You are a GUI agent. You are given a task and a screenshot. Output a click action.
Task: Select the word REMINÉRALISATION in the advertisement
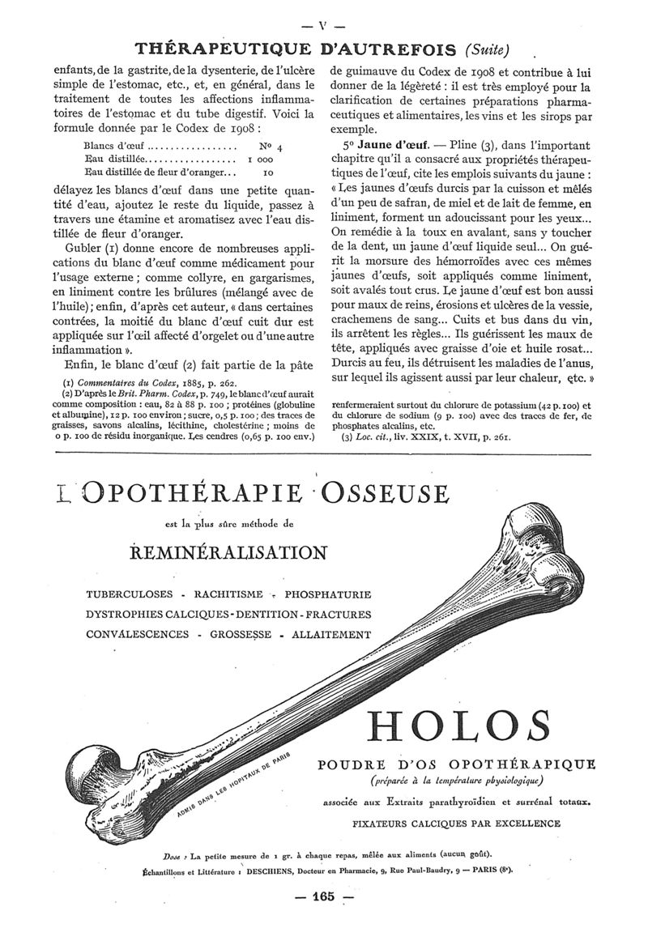tap(228, 553)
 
